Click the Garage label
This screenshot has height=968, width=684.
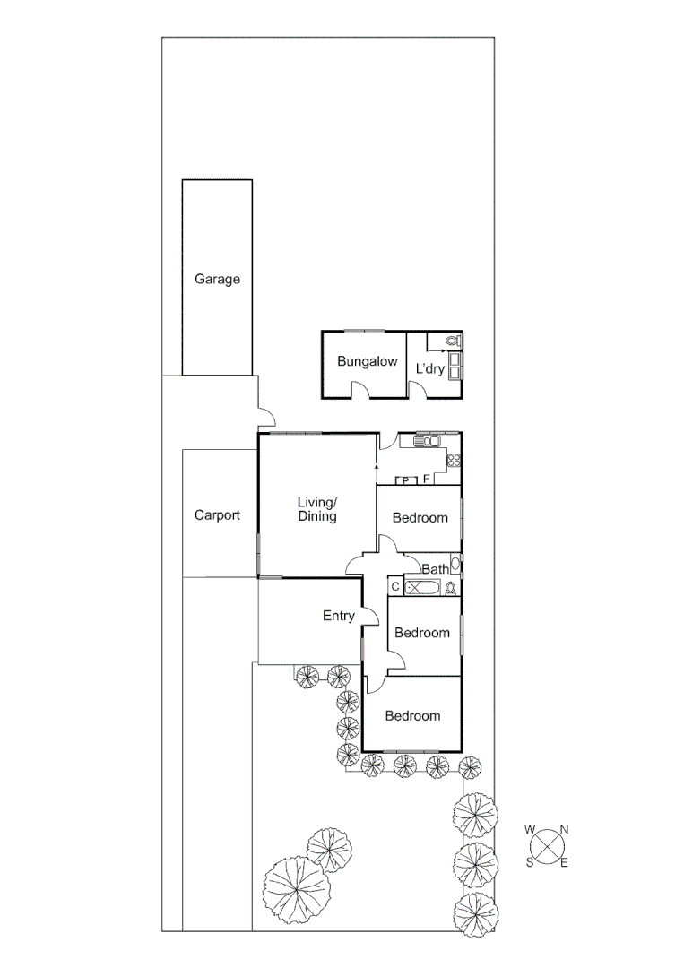(217, 280)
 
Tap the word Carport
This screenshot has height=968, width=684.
(217, 515)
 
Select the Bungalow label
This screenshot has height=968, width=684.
(367, 362)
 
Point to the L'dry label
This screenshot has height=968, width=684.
(429, 368)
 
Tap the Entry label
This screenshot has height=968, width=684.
(339, 616)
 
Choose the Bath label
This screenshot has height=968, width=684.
(435, 569)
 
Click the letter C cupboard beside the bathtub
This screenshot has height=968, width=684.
(395, 587)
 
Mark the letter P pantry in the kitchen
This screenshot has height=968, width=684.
(406, 480)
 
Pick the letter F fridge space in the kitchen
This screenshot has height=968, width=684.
(427, 480)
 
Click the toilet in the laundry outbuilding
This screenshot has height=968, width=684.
(453, 341)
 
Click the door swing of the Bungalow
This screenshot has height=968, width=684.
(359, 389)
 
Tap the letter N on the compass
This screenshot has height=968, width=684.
(565, 830)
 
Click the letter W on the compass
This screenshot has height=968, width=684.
(530, 830)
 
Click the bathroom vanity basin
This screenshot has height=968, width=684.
(455, 565)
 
